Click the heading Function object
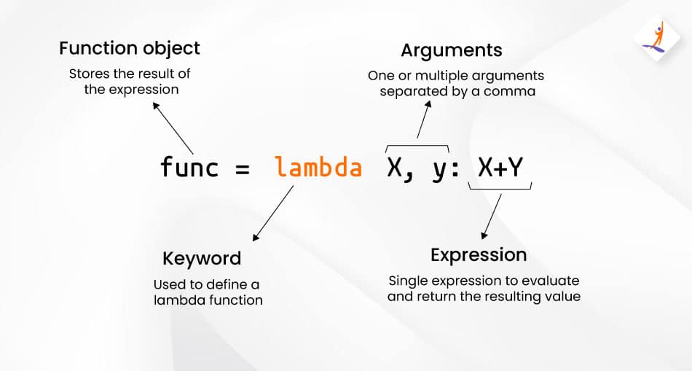click(130, 49)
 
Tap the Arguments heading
click(452, 51)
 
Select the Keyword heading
click(202, 258)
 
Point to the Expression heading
click(479, 255)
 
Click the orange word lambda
click(318, 168)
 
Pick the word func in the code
click(189, 167)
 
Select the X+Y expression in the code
click(500, 168)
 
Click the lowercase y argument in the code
click(439, 171)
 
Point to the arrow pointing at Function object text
click(173, 128)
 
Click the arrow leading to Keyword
click(272, 214)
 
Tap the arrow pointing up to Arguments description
click(424, 120)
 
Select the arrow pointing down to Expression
click(491, 216)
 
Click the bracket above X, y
click(417, 145)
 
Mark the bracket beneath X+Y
click(500, 189)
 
